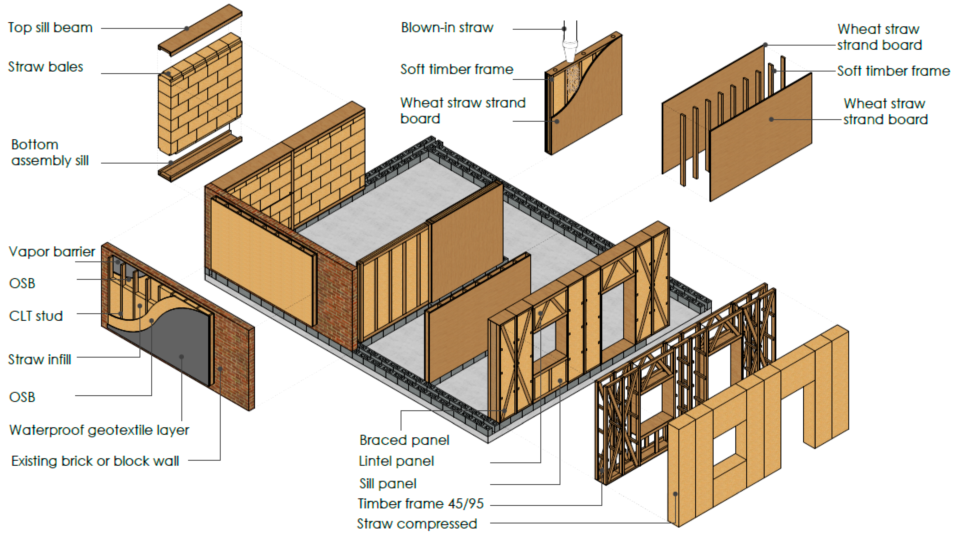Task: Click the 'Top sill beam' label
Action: pyautogui.click(x=50, y=28)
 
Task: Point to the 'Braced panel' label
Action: pyautogui.click(x=404, y=440)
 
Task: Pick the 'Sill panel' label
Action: pyautogui.click(x=388, y=483)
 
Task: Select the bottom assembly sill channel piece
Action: pyautogui.click(x=200, y=159)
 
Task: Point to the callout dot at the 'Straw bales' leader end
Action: pyautogui.click(x=168, y=73)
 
